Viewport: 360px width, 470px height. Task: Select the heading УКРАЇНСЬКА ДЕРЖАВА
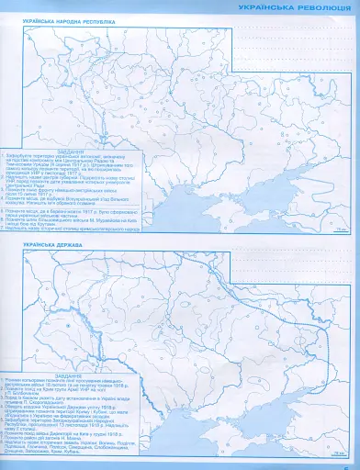pyautogui.click(x=51, y=246)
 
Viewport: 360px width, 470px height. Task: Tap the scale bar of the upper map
pyautogui.click(x=341, y=227)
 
